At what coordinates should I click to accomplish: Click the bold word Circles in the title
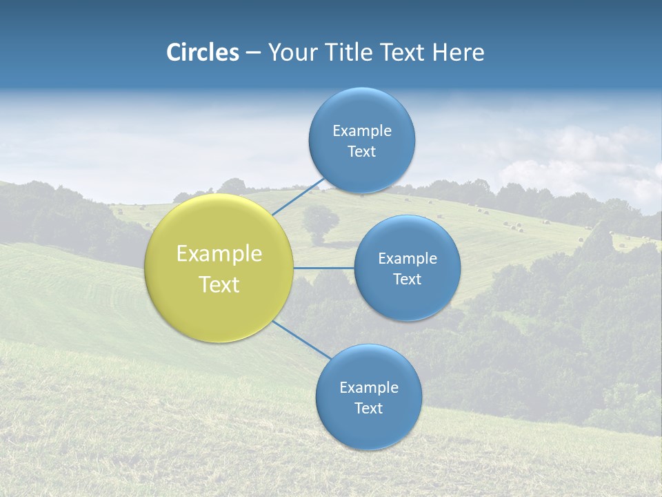point(203,52)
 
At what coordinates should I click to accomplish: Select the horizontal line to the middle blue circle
point(324,268)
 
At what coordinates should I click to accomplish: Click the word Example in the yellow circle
point(219,254)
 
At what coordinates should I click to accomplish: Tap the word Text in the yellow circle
point(219,284)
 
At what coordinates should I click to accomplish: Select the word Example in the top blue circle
point(362,131)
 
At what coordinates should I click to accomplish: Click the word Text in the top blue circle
point(362,152)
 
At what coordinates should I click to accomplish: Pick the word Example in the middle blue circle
point(408,259)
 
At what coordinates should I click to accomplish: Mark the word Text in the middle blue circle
point(408,280)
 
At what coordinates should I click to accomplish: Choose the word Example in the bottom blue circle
point(369,388)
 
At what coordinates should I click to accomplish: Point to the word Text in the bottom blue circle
point(369,409)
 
